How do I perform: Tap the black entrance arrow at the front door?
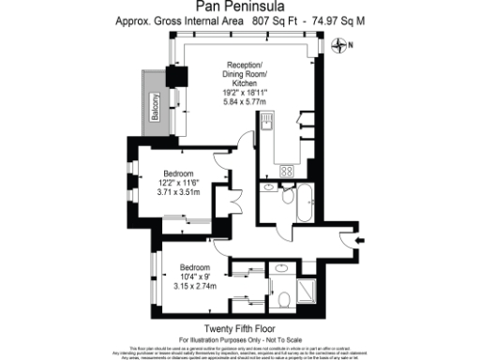361,240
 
